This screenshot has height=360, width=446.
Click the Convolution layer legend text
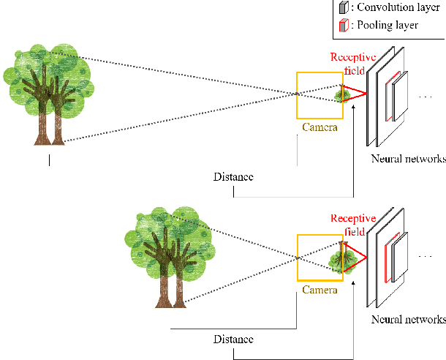tap(396, 9)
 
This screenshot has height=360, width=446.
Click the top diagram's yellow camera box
tap(319, 95)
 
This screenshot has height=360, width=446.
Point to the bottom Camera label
tap(320, 290)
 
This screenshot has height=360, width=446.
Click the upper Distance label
tap(233, 176)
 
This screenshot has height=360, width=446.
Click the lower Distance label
tap(233, 340)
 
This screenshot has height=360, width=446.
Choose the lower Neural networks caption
tap(408, 320)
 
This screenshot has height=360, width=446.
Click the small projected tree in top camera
tap(340, 94)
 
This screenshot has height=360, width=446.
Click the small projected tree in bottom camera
tap(344, 258)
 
